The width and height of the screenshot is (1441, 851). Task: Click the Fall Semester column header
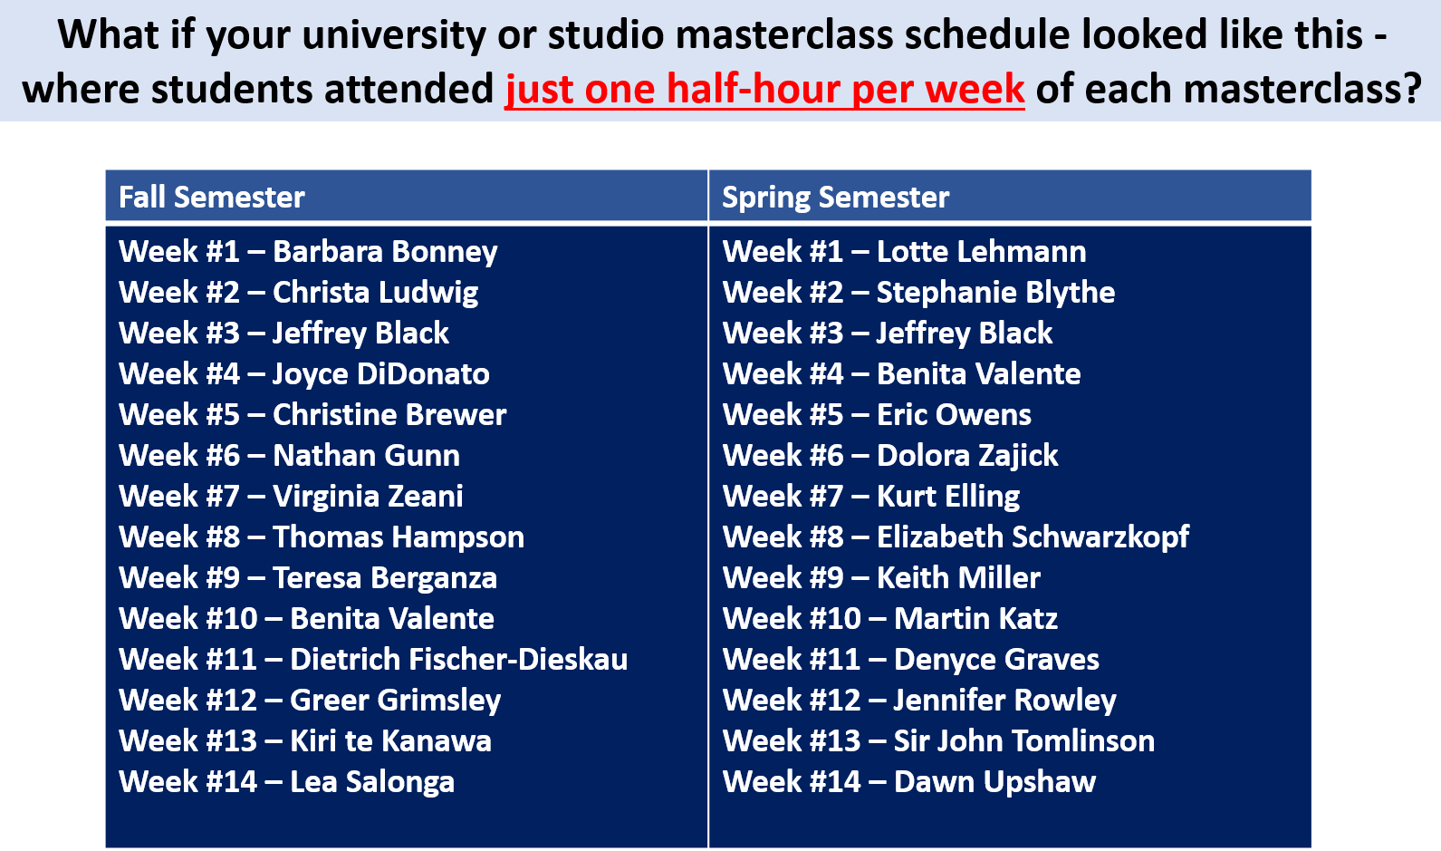pos(212,197)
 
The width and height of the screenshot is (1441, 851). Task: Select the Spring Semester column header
pos(836,197)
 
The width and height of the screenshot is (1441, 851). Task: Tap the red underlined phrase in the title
pos(764,89)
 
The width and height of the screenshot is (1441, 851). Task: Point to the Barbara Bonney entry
pos(308,252)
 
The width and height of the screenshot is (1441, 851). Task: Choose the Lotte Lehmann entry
pos(905,252)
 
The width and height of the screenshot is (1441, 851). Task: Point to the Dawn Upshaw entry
pos(909,782)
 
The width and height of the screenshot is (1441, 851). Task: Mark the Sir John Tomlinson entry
pos(938,741)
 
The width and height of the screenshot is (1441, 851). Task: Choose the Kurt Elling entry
pos(871,497)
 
